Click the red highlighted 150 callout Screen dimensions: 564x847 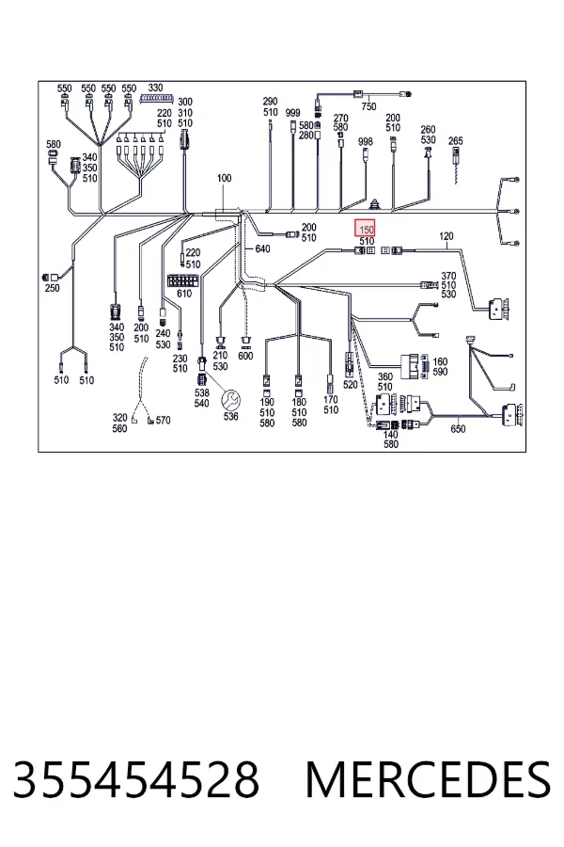click(x=365, y=229)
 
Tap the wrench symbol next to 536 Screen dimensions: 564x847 click(x=231, y=400)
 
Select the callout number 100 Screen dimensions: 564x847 click(x=224, y=178)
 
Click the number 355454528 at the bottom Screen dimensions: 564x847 click(x=135, y=779)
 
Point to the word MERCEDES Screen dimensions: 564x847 click(x=429, y=779)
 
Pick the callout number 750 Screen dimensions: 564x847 click(x=368, y=106)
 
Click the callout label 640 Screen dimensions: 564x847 click(x=262, y=249)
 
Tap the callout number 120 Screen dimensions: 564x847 click(x=446, y=236)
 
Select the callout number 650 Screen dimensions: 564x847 click(x=458, y=429)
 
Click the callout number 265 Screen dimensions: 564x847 click(x=456, y=140)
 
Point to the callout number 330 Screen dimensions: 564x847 click(x=155, y=88)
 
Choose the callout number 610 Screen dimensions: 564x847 click(x=184, y=294)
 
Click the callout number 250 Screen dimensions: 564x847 click(x=53, y=288)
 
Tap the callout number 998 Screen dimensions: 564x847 click(x=366, y=141)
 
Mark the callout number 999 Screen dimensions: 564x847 click(x=292, y=113)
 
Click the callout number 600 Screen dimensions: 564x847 click(x=245, y=356)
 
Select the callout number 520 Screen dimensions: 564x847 click(x=351, y=385)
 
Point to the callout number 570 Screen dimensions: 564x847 click(x=163, y=421)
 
